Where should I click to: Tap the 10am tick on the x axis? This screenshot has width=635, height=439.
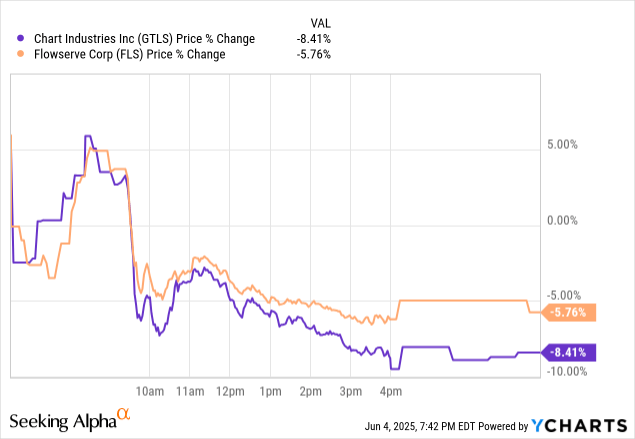coord(149,389)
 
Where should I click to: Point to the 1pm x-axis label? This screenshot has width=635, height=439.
coord(270,389)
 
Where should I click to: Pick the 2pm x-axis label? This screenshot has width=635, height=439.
coord(310,389)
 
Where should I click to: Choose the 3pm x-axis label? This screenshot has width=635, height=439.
coord(350,389)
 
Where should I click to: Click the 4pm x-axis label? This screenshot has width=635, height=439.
coord(390,389)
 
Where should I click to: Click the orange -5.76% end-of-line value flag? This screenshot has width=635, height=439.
coord(570,312)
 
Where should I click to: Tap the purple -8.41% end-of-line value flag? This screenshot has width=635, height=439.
coord(570,352)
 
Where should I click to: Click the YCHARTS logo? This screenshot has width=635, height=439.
coord(580,424)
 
